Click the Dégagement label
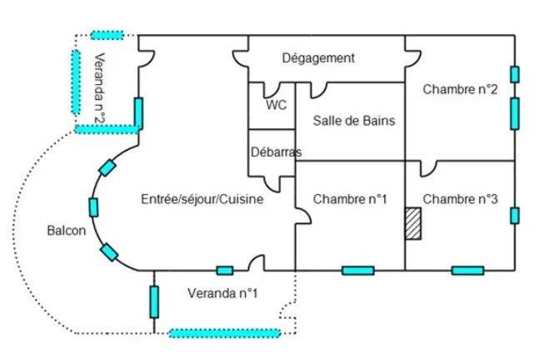point(318,58)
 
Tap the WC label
point(276,106)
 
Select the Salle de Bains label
point(354,121)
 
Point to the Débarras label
point(276,152)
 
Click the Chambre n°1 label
point(351,199)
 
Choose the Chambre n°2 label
point(460,89)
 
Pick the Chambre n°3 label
point(460,199)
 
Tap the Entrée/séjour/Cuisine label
point(202,199)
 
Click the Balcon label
point(67,231)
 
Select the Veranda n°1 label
point(222,293)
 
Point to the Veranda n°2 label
point(98,87)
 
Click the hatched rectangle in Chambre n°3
point(412,224)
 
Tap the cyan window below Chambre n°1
point(357,271)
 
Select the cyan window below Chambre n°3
point(467,271)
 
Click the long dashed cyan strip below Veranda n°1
point(219,333)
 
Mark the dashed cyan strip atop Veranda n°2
point(107,35)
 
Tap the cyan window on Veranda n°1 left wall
point(154,301)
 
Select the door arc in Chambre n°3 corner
point(428,170)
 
